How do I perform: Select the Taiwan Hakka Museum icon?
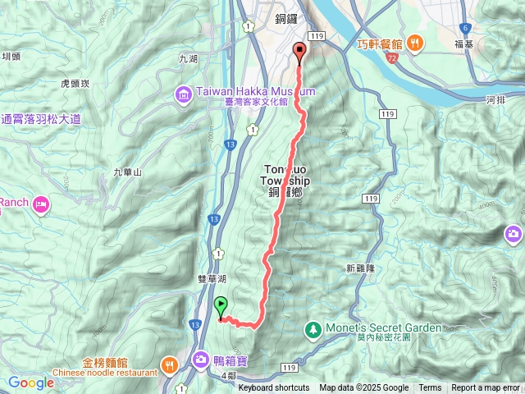coord(181,97)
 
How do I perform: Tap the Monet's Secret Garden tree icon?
coord(313,329)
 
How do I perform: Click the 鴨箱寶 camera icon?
coord(201,359)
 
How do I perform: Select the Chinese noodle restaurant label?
coord(108,372)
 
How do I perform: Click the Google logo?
coord(31,383)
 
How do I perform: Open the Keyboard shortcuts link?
coord(274,388)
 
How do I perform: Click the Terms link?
coord(430,388)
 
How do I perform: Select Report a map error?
coord(486,388)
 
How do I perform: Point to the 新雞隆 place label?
coord(360,268)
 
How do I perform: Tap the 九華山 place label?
coord(127,172)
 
